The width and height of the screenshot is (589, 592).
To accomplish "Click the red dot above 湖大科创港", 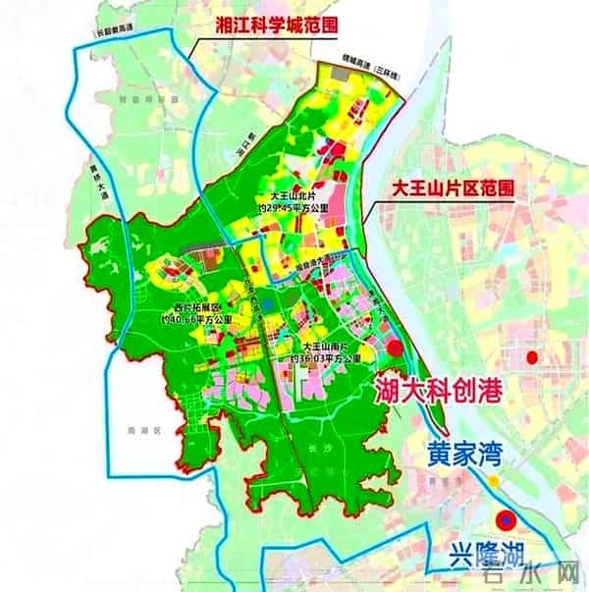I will coord(395,348).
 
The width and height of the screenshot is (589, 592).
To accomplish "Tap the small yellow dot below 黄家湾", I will coord(497,482).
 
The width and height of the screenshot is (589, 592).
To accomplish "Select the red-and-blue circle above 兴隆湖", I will coord(506,519).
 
